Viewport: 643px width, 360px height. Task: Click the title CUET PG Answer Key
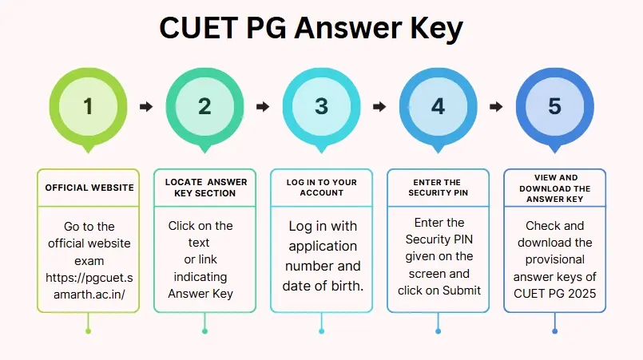coord(311,29)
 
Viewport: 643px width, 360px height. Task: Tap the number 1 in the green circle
coord(88,106)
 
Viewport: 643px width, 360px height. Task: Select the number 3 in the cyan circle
coord(321,106)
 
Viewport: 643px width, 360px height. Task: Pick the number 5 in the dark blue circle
coord(555,106)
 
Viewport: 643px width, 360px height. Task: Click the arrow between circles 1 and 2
coord(146,107)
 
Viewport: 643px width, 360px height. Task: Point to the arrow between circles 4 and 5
coord(496,107)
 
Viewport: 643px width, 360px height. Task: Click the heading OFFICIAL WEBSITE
coord(89,188)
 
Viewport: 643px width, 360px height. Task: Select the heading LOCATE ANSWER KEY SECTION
coord(206,188)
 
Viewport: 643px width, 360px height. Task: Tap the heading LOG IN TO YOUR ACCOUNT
coord(321,188)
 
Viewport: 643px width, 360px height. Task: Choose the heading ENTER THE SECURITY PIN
coord(438,188)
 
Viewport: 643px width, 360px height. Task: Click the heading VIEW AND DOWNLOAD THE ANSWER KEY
coord(555,188)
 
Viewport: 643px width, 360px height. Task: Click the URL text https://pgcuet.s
coord(89,278)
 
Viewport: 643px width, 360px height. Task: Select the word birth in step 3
coord(347,286)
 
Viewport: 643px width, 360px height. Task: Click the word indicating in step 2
coord(200,277)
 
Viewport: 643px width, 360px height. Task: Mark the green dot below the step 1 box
coord(88,331)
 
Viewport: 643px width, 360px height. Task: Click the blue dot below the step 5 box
coord(555,331)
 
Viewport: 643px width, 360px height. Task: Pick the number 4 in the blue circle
coord(438,106)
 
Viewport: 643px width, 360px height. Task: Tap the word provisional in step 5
coord(555,259)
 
